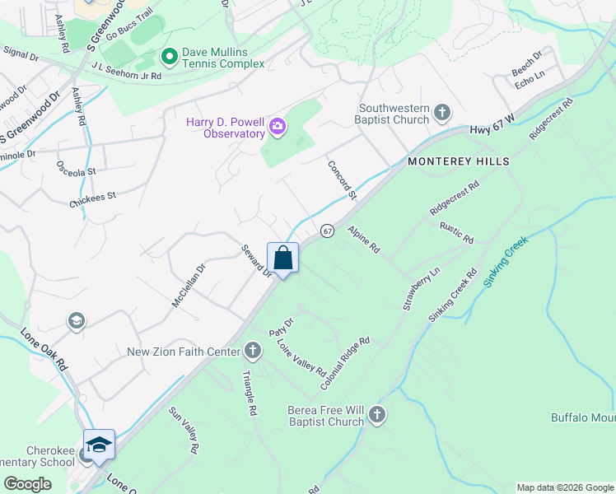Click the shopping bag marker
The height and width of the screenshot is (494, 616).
(282, 259)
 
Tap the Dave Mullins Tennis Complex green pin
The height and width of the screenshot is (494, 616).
(169, 57)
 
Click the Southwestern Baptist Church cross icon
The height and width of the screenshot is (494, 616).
(442, 112)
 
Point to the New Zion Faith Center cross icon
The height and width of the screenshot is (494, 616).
(252, 352)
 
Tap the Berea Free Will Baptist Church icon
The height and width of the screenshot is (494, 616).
(377, 414)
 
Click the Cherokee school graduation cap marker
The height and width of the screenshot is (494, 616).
(99, 445)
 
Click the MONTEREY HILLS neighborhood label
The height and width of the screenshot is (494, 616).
(459, 161)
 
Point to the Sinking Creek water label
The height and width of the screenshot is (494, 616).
(505, 262)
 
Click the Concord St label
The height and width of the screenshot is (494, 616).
(342, 180)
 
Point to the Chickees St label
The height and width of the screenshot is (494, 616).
(93, 198)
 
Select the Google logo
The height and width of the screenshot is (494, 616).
(28, 484)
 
